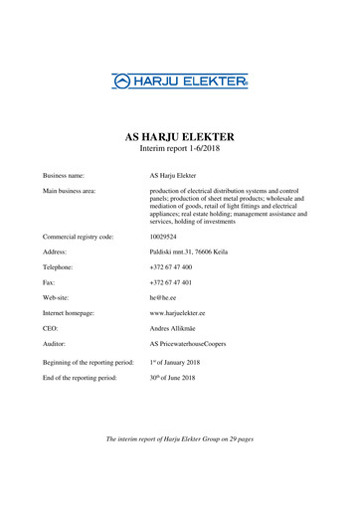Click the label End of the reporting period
(x=88, y=379)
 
